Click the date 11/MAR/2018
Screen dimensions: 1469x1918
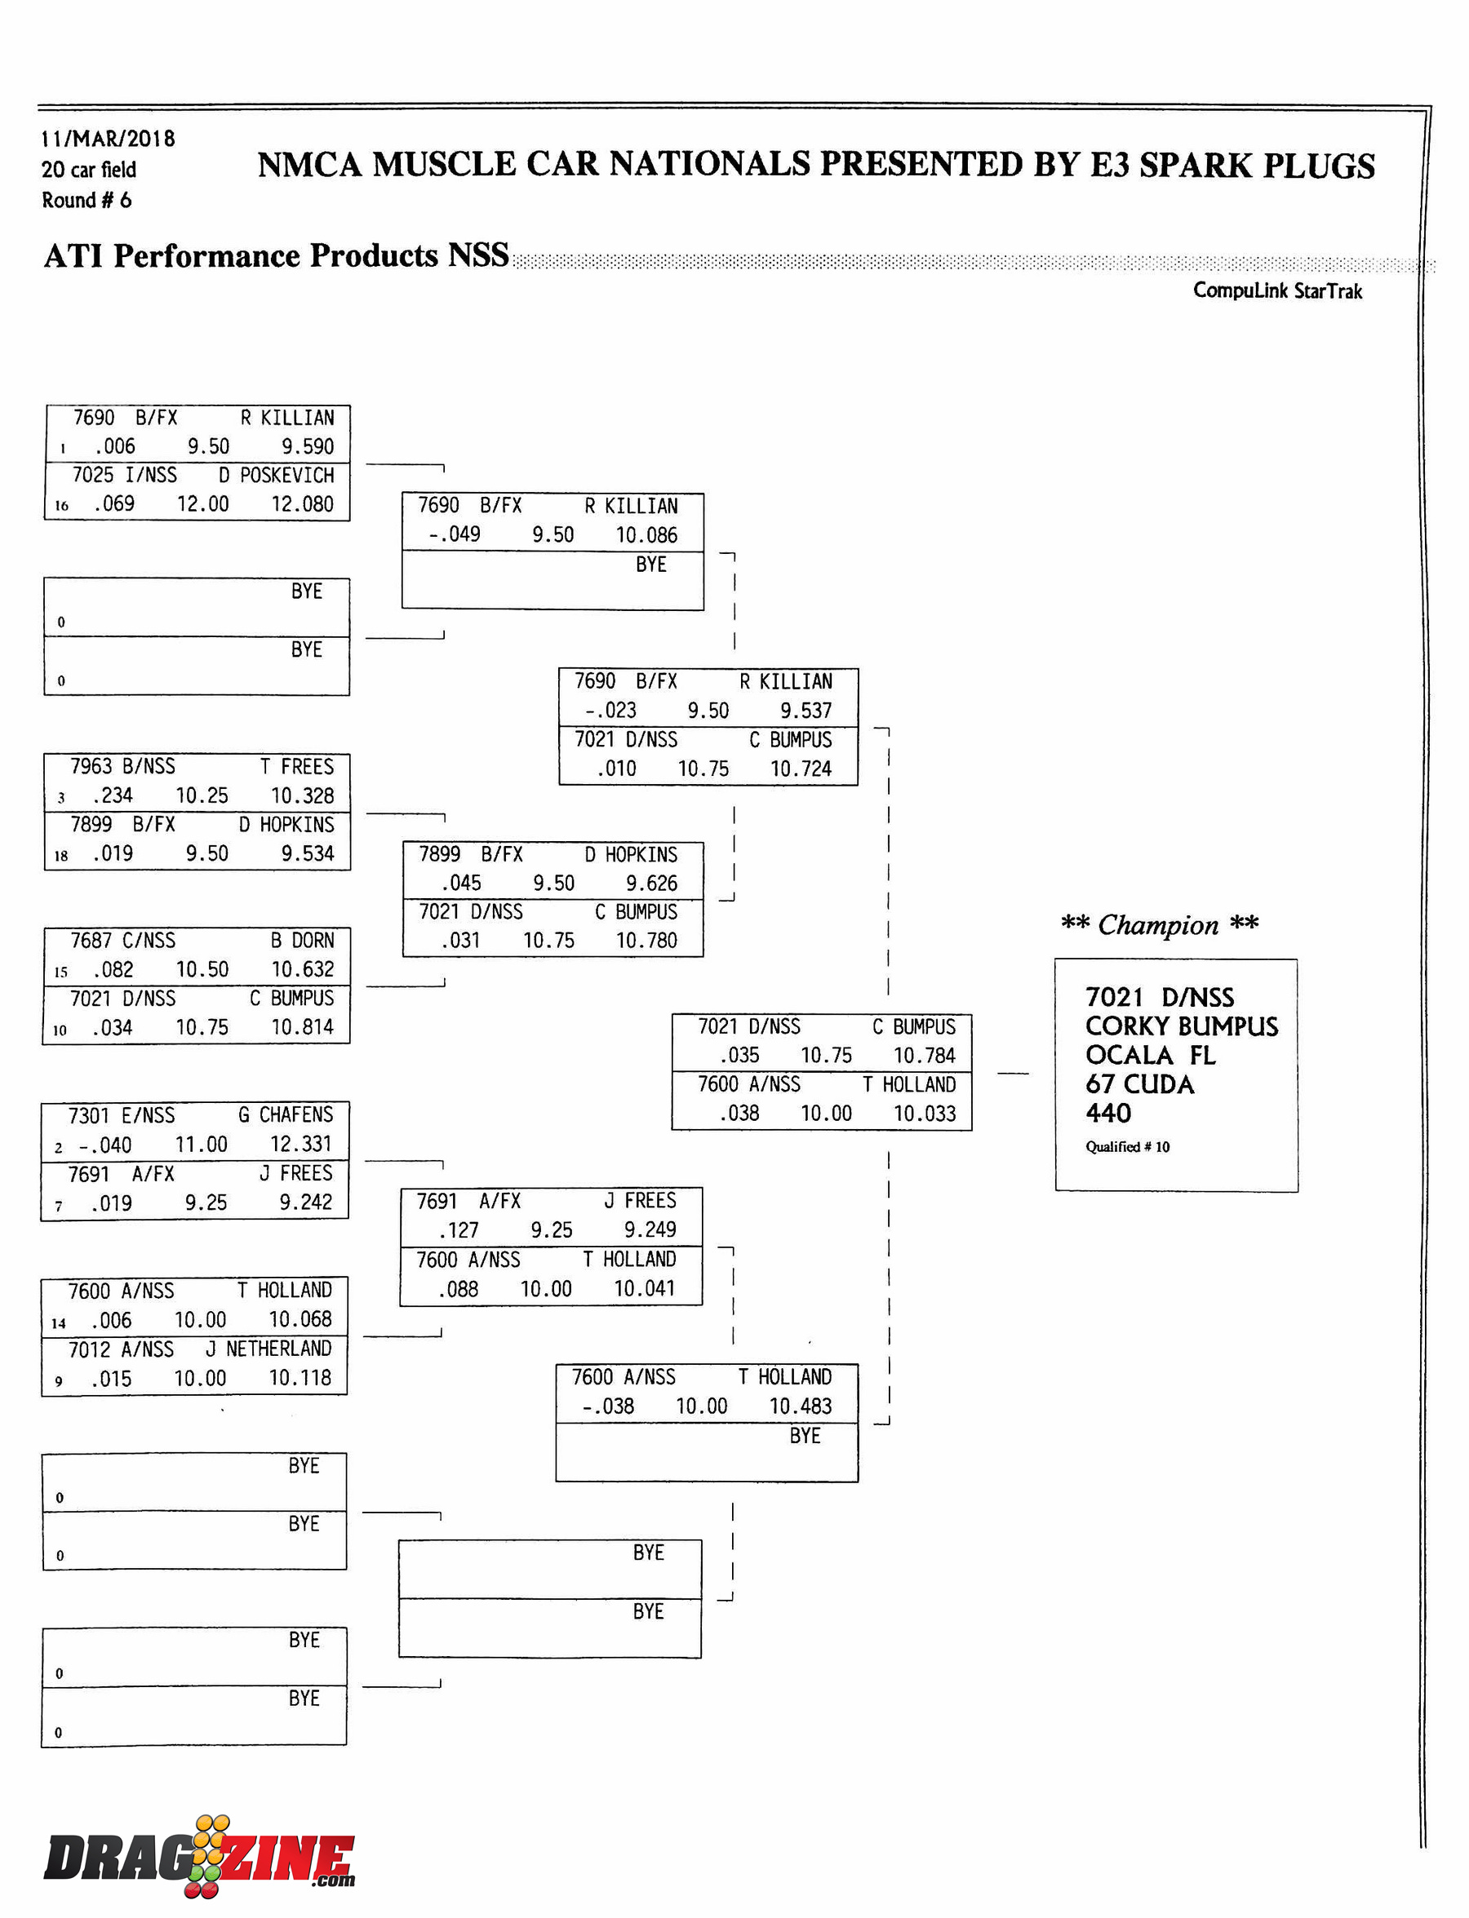pyautogui.click(x=108, y=138)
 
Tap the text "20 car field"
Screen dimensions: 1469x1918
pyautogui.click(x=88, y=169)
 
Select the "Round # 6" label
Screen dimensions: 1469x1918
pyautogui.click(x=87, y=200)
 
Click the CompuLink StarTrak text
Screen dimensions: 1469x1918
pyautogui.click(x=1277, y=290)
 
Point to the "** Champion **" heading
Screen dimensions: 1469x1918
pyautogui.click(x=1160, y=924)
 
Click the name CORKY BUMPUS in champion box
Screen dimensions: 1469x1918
pyautogui.click(x=1182, y=1025)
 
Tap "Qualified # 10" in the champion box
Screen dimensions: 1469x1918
pyautogui.click(x=1127, y=1146)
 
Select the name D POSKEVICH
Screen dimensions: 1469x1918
pyautogui.click(x=277, y=475)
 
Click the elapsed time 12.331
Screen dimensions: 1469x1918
pyautogui.click(x=301, y=1144)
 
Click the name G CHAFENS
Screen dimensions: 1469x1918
pyautogui.click(x=285, y=1114)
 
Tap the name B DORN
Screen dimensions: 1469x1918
pyautogui.click(x=302, y=940)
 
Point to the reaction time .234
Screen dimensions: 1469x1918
pyautogui.click(x=112, y=795)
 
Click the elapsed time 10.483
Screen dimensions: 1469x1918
pyautogui.click(x=800, y=1406)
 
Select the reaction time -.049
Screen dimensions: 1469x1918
pyautogui.click(x=454, y=534)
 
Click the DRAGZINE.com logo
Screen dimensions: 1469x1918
pyautogui.click(x=199, y=1856)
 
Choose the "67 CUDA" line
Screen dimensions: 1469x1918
pyautogui.click(x=1139, y=1084)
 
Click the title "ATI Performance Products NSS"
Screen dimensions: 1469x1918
pyautogui.click(x=277, y=255)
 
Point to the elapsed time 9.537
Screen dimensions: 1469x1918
pyautogui.click(x=806, y=710)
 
